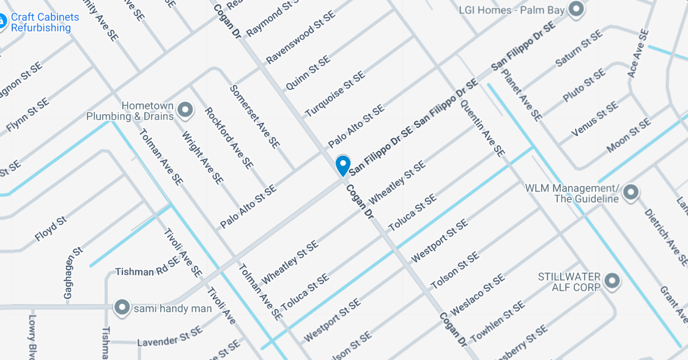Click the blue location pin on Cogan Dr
pyautogui.click(x=342, y=165)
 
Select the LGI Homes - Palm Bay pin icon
pyautogui.click(x=575, y=9)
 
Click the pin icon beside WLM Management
pyautogui.click(x=631, y=193)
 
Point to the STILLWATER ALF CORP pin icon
pyautogui.click(x=611, y=282)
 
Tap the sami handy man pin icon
pyautogui.click(x=123, y=307)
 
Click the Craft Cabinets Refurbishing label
pyautogui.click(x=45, y=22)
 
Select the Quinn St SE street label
pyautogui.click(x=308, y=73)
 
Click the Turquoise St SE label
pyautogui.click(x=335, y=94)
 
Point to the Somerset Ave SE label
pyautogui.click(x=254, y=116)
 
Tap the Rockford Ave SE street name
pyautogui.click(x=229, y=138)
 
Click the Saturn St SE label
pyautogui.click(x=579, y=48)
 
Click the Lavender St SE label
pyautogui.click(x=169, y=337)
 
